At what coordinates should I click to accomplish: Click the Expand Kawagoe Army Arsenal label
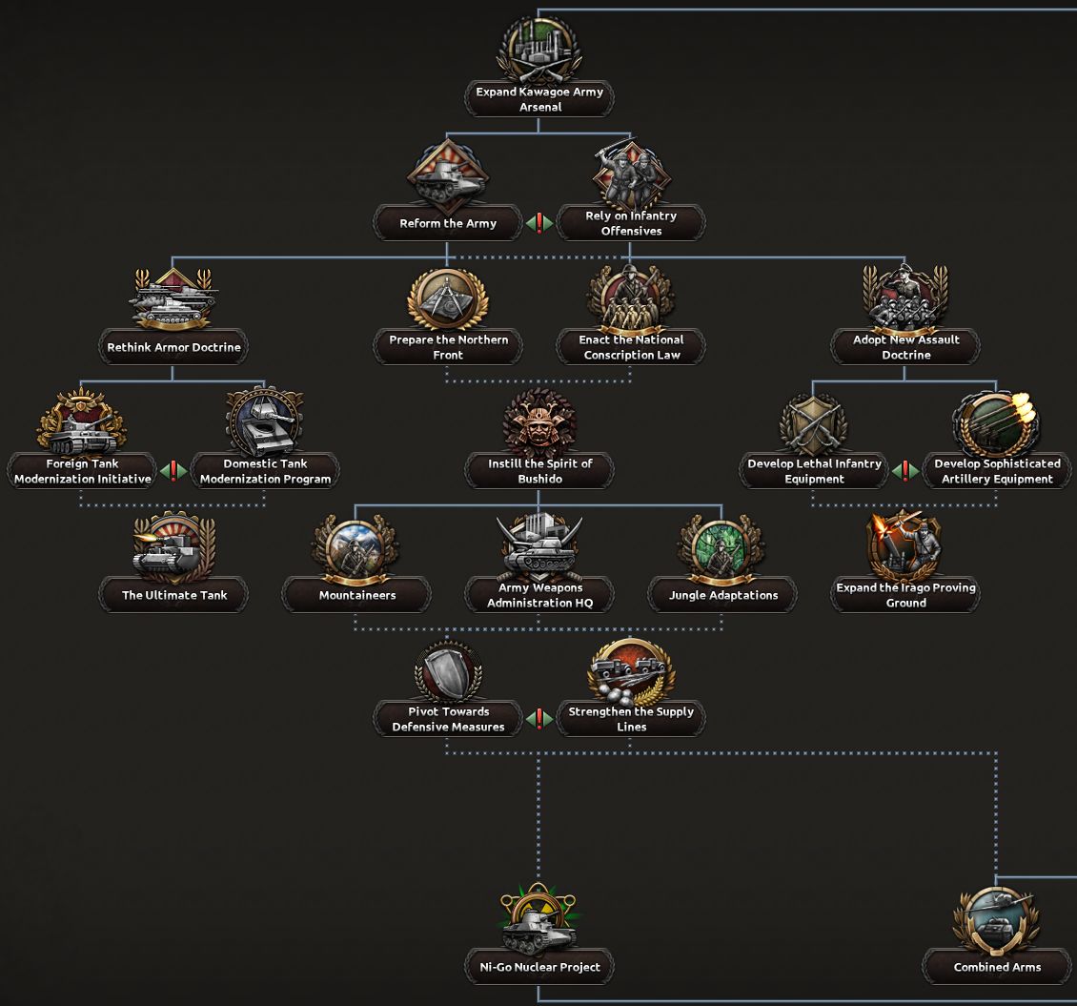(539, 100)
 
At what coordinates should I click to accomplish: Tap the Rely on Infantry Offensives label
(630, 223)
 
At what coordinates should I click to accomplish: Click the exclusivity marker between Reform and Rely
(539, 223)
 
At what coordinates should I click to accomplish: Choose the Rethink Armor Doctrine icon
(173, 297)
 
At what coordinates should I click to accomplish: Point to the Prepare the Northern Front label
(448, 347)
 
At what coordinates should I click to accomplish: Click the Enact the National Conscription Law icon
(630, 297)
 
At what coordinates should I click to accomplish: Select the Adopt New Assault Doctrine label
(905, 347)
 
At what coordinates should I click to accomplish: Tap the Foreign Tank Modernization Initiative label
(83, 471)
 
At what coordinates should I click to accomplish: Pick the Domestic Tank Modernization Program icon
(265, 421)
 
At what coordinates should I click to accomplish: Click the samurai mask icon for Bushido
(539, 421)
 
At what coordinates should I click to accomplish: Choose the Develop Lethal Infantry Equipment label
(814, 471)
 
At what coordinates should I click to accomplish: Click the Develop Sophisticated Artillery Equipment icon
(996, 421)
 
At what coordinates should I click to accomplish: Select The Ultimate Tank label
(173, 595)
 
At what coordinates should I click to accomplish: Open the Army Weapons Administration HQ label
(539, 595)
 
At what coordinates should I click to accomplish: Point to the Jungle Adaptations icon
(721, 547)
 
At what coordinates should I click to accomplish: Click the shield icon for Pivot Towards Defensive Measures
(448, 671)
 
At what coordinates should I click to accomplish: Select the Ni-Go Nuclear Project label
(539, 967)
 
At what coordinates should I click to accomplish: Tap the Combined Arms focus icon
(996, 917)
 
